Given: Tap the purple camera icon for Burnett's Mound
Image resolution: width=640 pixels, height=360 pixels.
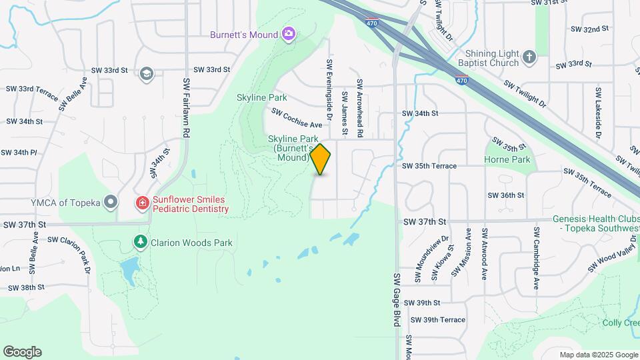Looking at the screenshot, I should pyautogui.click(x=288, y=34).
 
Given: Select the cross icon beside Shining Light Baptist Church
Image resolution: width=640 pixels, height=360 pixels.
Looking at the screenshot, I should pyautogui.click(x=529, y=57).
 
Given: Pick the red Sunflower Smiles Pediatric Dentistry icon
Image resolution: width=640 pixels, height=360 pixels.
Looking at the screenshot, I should pyautogui.click(x=142, y=202).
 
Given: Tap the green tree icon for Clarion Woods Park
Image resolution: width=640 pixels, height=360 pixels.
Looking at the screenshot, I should pyautogui.click(x=140, y=241).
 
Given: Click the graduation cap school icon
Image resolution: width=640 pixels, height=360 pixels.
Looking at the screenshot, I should pyautogui.click(x=146, y=73).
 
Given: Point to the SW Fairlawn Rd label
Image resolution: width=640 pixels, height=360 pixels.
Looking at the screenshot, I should pyautogui.click(x=187, y=107).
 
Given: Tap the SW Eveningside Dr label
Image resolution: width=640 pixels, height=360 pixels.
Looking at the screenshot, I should pyautogui.click(x=329, y=85).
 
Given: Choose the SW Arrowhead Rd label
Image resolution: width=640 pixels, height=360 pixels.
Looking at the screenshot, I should pyautogui.click(x=359, y=109).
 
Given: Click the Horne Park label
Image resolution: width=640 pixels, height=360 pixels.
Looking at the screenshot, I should pyautogui.click(x=507, y=160).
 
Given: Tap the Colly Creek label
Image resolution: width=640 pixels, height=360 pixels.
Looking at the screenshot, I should pyautogui.click(x=621, y=323).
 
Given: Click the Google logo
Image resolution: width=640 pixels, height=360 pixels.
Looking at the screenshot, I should pyautogui.click(x=22, y=351).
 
